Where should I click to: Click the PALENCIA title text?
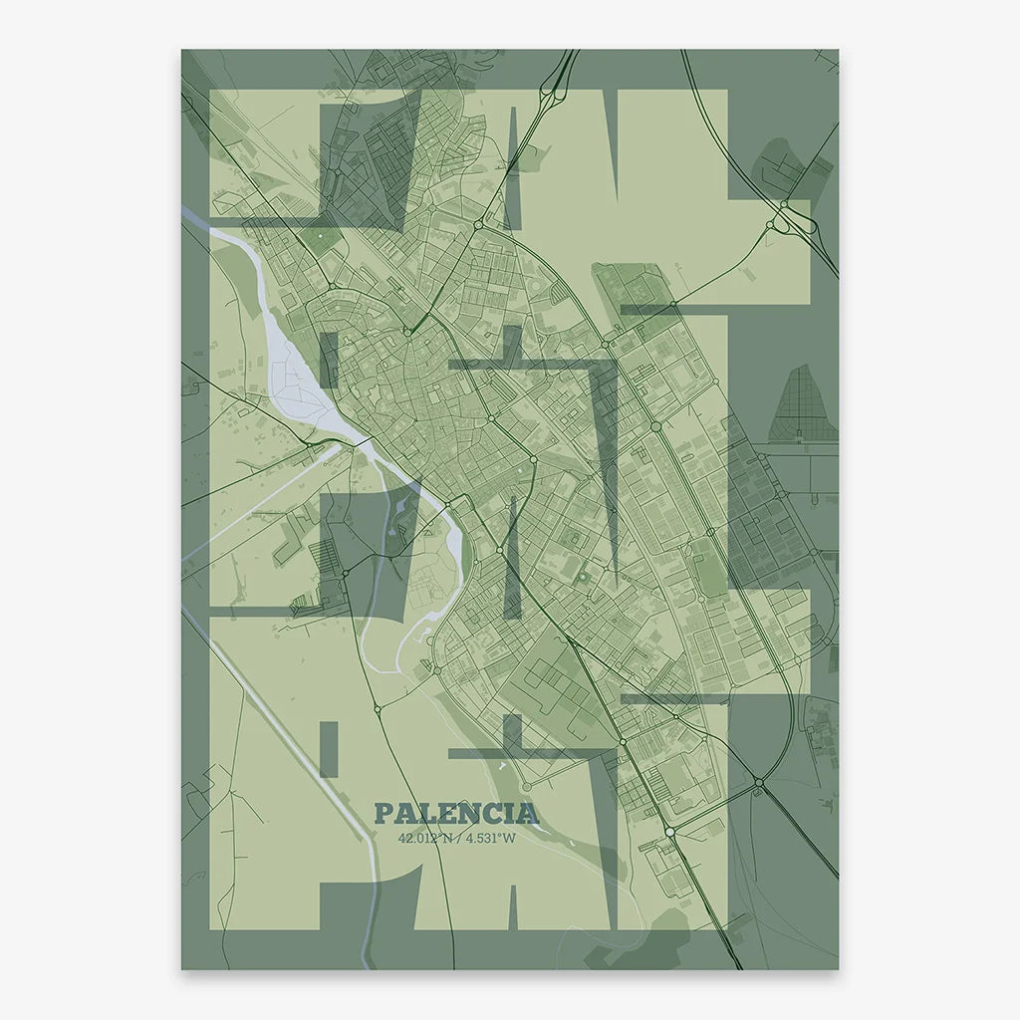456,814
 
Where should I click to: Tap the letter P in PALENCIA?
382,814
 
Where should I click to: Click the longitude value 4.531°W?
491,838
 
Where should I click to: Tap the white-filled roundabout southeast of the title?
670,831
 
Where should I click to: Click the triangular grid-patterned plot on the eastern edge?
802,403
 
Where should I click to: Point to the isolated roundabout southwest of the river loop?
378,708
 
